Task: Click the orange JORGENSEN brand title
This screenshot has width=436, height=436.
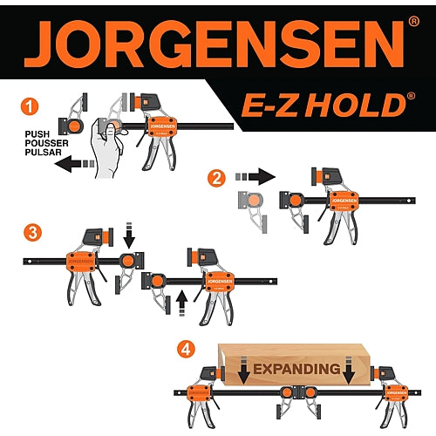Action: pyautogui.click(x=215, y=44)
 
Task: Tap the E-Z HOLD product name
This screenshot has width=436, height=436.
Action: pyautogui.click(x=324, y=105)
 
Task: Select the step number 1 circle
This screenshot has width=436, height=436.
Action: pyautogui.click(x=30, y=106)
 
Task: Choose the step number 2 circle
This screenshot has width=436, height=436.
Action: pyautogui.click(x=216, y=178)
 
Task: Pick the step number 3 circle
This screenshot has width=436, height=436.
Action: pyautogui.click(x=32, y=233)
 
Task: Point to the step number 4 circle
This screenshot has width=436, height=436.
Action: pyautogui.click(x=186, y=349)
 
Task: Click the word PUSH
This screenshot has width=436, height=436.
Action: pyautogui.click(x=37, y=134)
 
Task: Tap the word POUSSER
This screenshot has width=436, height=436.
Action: pyautogui.click(x=46, y=143)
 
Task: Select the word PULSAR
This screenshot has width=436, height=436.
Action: pyautogui.click(x=43, y=152)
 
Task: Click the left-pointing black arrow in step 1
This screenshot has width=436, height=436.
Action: pyautogui.click(x=74, y=164)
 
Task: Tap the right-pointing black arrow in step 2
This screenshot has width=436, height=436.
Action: pyautogui.click(x=255, y=176)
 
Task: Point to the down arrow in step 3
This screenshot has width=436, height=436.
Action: pyautogui.click(x=129, y=235)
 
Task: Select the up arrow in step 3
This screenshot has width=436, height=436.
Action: pyautogui.click(x=181, y=303)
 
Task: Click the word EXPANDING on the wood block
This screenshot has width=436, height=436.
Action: pyautogui.click(x=296, y=369)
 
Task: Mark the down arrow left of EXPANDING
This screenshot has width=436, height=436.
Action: pyautogui.click(x=244, y=370)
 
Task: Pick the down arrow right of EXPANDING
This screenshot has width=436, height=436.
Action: pyautogui.click(x=349, y=370)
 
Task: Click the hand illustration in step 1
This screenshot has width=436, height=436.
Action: pyautogui.click(x=107, y=149)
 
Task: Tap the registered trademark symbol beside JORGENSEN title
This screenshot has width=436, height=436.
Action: pyautogui.click(x=413, y=21)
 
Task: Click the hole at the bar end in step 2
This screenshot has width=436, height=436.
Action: pyautogui.click(x=409, y=201)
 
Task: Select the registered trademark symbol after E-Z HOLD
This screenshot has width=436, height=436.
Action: pyautogui.click(x=411, y=96)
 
